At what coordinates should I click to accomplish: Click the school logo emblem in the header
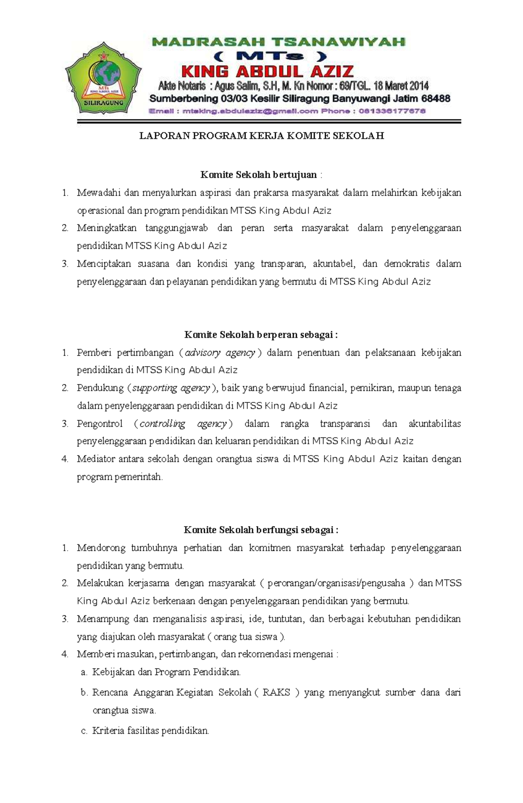tap(104, 78)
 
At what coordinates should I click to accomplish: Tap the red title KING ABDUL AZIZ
tap(267, 71)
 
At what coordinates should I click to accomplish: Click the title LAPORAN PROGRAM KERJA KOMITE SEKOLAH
tap(261, 136)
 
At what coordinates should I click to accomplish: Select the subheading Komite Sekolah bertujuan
tap(258, 175)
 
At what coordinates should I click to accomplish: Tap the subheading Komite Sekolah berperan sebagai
tap(261, 335)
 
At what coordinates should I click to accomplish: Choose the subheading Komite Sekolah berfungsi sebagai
tap(261, 530)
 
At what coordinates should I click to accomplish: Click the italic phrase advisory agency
tap(220, 353)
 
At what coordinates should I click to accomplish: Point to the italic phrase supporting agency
tap(171, 388)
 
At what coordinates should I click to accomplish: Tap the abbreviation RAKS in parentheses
tap(276, 693)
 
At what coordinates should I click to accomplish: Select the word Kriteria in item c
tap(108, 731)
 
